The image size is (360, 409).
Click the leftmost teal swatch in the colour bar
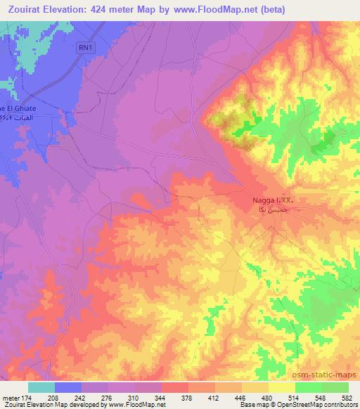(x=41, y=387)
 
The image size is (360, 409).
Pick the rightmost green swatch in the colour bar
(x=335, y=387)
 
